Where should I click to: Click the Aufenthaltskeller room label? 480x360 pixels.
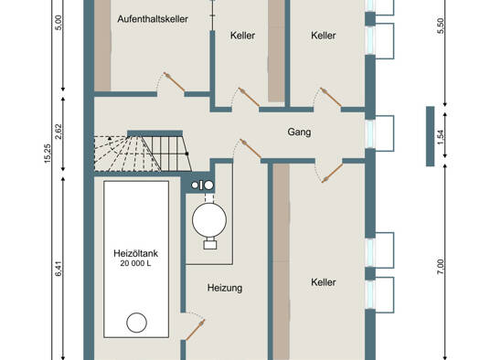[x=153, y=19]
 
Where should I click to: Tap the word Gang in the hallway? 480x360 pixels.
[x=299, y=132]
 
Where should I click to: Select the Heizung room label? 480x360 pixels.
[x=225, y=288]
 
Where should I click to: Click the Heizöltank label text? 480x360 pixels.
[x=135, y=253]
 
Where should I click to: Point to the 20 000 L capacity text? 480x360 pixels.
[x=135, y=263]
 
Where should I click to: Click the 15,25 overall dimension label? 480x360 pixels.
[x=48, y=154]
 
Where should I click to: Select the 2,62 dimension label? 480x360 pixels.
[x=59, y=132]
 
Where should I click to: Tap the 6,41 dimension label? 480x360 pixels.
[x=59, y=269]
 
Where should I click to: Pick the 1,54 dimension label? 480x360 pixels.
[x=440, y=138]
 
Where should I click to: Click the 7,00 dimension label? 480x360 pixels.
[x=440, y=267]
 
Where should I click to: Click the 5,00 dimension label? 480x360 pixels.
[x=59, y=23]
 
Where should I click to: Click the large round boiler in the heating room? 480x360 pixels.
[x=209, y=220]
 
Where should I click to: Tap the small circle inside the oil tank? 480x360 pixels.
[x=136, y=323]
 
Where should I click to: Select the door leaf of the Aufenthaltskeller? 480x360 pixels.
[x=174, y=82]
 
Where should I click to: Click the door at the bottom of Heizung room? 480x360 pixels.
[x=195, y=330]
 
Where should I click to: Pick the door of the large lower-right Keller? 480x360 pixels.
[x=332, y=173]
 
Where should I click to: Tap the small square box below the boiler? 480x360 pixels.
[x=210, y=244]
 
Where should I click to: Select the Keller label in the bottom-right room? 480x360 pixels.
[x=324, y=282]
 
